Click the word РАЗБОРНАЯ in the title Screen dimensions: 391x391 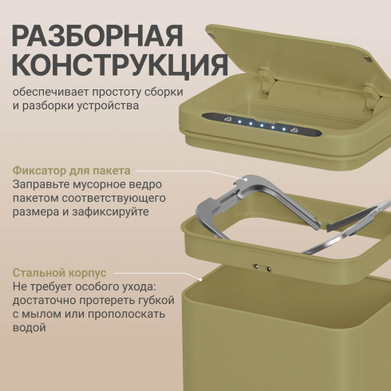click(97, 36)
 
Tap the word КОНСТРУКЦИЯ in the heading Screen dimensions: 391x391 click(120, 65)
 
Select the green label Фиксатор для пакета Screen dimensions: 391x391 click(72, 171)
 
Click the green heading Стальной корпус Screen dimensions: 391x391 click(60, 273)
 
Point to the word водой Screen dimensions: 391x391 click(30, 327)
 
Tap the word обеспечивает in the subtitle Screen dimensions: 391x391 click(50, 92)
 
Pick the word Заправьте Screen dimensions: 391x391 click(39, 184)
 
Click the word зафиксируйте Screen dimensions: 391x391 click(110, 212)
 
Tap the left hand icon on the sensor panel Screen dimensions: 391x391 click(228, 119)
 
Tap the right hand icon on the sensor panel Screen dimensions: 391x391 click(294, 130)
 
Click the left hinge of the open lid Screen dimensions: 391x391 click(267, 80)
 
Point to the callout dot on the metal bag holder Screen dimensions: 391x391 click(246, 180)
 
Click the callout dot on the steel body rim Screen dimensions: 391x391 click(201, 279)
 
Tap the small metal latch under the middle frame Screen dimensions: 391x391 click(263, 267)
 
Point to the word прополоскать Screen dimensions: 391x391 click(127, 314)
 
